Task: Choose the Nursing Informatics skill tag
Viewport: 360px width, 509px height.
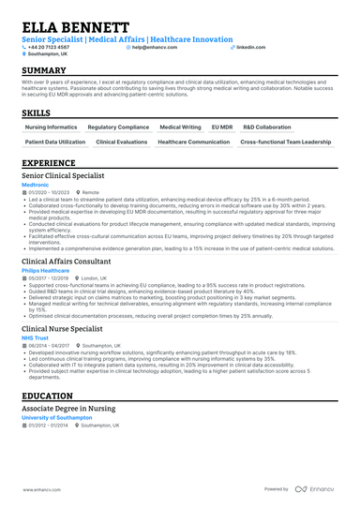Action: click(52, 126)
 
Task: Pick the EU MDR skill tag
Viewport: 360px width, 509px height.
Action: click(222, 126)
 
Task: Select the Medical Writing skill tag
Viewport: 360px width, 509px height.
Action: click(180, 126)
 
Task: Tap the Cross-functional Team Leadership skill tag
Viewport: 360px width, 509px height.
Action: click(286, 142)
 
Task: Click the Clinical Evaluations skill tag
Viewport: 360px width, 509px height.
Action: click(122, 142)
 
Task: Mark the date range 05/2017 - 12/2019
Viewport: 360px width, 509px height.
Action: click(48, 278)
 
